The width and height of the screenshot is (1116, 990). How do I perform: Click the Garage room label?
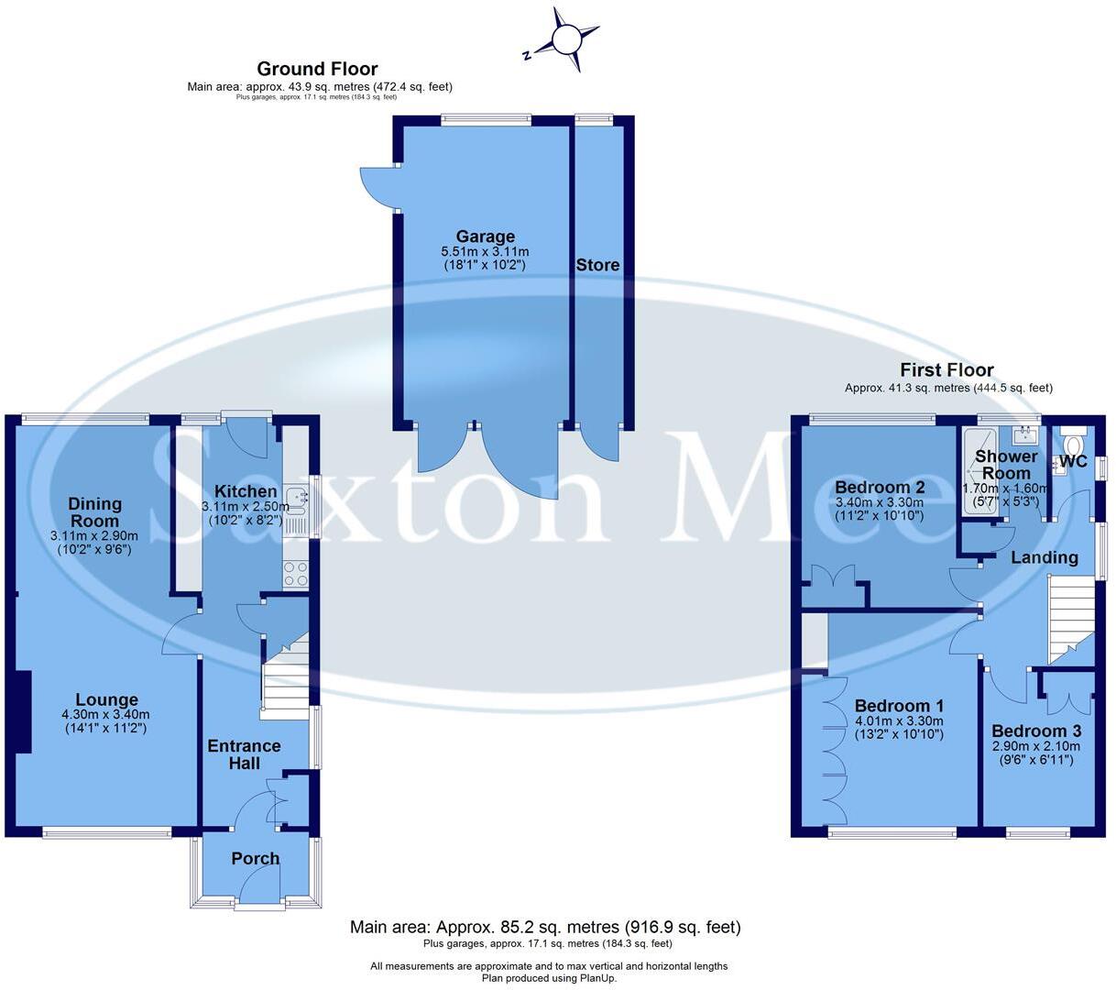pyautogui.click(x=485, y=236)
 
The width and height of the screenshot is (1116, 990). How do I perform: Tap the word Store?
pyautogui.click(x=597, y=265)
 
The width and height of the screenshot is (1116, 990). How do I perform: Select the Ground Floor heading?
pyautogui.click(x=317, y=69)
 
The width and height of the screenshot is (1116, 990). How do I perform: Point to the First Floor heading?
pyautogui.click(x=946, y=370)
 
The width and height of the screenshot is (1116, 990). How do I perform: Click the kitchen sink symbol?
pyautogui.click(x=297, y=499)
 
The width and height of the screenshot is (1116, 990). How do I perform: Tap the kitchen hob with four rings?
pyautogui.click(x=296, y=574)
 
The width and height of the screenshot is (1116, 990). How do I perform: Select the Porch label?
pyautogui.click(x=256, y=859)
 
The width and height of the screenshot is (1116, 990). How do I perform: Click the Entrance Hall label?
pyautogui.click(x=244, y=754)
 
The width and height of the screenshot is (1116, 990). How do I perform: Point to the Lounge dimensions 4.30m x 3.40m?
pyautogui.click(x=106, y=715)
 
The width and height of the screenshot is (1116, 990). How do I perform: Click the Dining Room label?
pyautogui.click(x=95, y=511)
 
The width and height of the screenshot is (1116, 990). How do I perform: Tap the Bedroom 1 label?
pyautogui.click(x=899, y=706)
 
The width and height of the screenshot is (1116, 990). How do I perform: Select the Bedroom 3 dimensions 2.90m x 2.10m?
pyautogui.click(x=1036, y=746)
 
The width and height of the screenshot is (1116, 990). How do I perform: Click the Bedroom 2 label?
pyautogui.click(x=880, y=487)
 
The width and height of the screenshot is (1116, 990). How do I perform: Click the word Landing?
pyautogui.click(x=1044, y=557)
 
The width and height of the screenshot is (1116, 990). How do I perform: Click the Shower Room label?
pyautogui.click(x=1006, y=464)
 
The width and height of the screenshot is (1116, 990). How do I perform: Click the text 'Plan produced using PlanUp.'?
pyautogui.click(x=550, y=977)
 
